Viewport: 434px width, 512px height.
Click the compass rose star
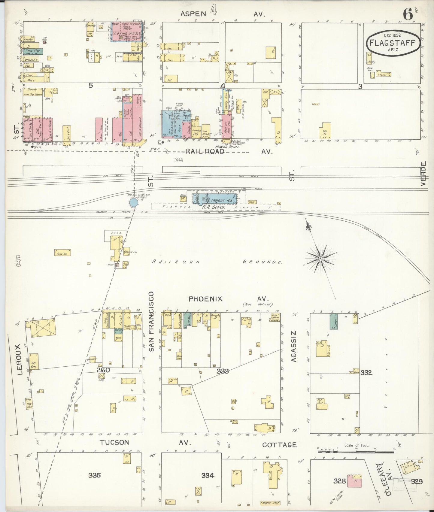320,258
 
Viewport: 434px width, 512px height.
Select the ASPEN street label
193,14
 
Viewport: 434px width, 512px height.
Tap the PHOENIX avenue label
205,299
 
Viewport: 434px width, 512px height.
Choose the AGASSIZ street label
294,346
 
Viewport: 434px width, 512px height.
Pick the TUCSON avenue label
114,442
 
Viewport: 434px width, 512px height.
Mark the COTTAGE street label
279,444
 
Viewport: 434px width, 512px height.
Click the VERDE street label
423,174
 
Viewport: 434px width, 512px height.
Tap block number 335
95,475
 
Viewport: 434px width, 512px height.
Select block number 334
208,475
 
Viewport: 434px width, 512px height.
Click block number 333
223,371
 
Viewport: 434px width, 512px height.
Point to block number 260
103,370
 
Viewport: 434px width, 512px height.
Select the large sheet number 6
408,14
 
